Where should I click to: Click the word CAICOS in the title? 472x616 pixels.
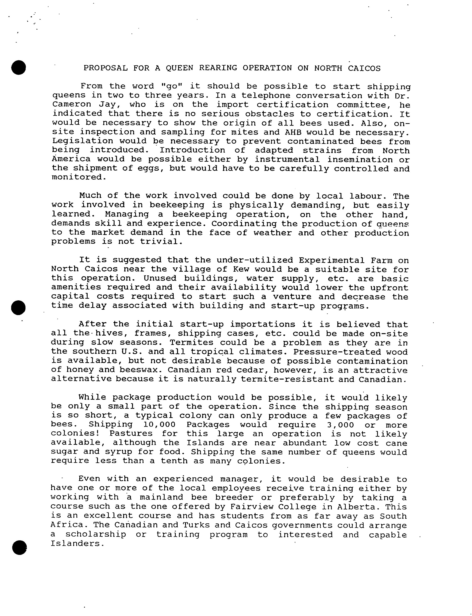pos(364,68)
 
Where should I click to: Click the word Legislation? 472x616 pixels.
pos(82,141)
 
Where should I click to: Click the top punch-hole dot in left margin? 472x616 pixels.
pos(19,67)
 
